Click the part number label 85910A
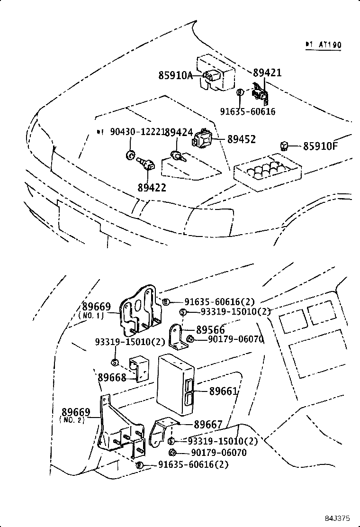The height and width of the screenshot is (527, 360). click(175, 75)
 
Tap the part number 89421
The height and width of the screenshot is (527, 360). click(267, 73)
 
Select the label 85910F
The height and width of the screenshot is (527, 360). click(321, 146)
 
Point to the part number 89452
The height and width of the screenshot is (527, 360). click(241, 139)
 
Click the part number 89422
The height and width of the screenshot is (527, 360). click(152, 187)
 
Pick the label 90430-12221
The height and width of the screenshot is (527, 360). click(137, 132)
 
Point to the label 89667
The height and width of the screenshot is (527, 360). click(208, 424)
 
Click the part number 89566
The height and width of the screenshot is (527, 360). click(210, 330)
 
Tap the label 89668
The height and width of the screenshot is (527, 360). click(112, 377)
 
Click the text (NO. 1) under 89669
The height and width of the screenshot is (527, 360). click(91, 316)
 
